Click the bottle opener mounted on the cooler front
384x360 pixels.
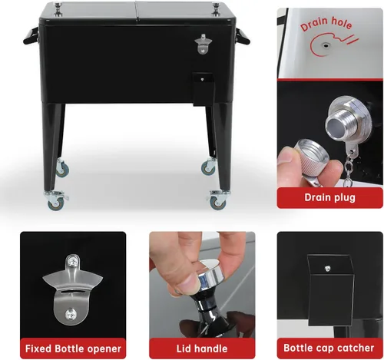204,44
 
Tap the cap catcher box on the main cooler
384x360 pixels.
203,89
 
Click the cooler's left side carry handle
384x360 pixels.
31,36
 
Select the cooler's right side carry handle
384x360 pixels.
243,36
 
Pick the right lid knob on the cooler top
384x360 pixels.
216,9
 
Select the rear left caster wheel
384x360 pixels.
62,168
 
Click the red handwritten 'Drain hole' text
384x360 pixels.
326,24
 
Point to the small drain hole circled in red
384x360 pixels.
326,46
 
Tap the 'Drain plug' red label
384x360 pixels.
329,197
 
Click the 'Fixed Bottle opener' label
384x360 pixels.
73,348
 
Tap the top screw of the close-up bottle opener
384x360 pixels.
72,261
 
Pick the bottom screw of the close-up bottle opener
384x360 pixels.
71,314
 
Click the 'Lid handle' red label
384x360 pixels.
202,348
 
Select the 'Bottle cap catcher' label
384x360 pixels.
329,348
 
